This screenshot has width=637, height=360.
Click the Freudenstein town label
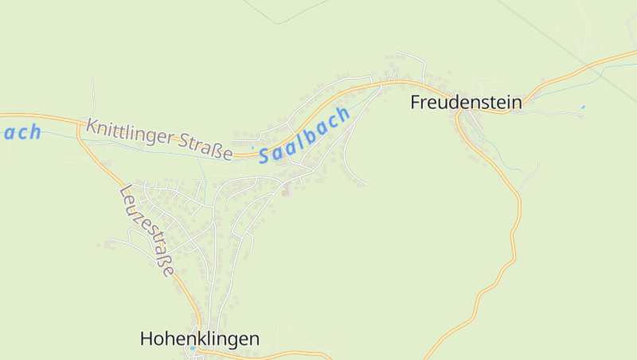[466, 102]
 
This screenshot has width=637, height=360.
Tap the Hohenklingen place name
[199, 338]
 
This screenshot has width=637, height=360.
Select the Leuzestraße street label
[147, 231]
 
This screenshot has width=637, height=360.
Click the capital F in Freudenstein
[415, 102]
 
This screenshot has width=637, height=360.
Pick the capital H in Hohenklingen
[146, 338]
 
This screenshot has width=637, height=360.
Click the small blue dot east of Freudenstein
[583, 107]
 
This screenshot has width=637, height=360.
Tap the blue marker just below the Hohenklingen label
[192, 348]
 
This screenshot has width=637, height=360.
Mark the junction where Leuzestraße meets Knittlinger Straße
[80, 127]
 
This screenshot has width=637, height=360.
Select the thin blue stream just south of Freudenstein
[502, 156]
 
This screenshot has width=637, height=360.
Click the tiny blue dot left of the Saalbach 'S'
[252, 146]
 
